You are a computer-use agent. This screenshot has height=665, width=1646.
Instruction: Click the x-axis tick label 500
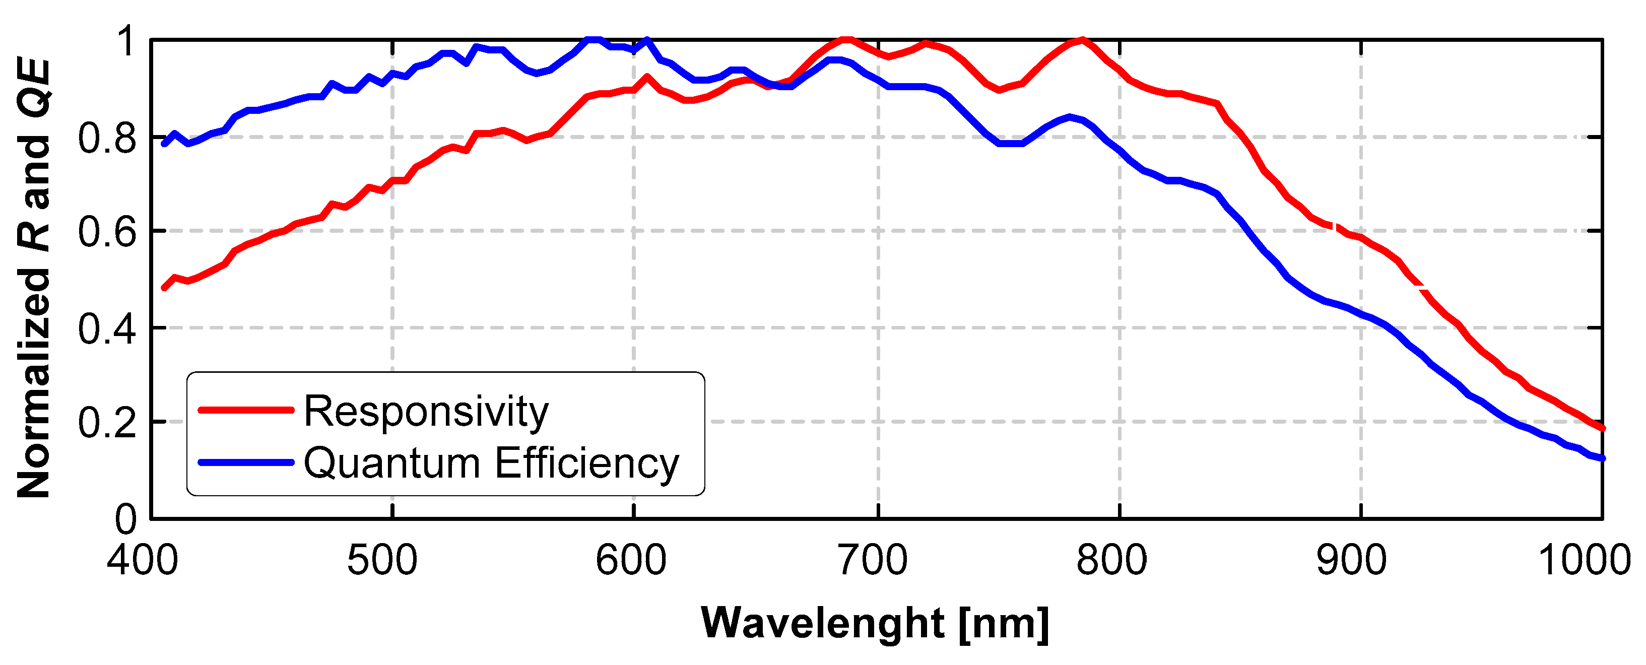(x=382, y=560)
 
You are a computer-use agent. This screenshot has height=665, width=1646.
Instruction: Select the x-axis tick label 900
(x=1351, y=560)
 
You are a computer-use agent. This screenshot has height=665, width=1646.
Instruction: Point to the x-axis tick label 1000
(x=1584, y=560)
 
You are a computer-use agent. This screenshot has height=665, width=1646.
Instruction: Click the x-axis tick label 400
(x=143, y=560)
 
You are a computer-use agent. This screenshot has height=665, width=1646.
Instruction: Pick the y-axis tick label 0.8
(x=107, y=139)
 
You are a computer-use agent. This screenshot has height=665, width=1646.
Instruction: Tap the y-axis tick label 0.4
(x=107, y=329)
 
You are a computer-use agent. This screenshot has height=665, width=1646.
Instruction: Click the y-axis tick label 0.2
(x=107, y=423)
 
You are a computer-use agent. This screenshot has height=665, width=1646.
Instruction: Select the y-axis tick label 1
(x=126, y=42)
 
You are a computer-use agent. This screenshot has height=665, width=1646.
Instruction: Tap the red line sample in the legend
(x=246, y=410)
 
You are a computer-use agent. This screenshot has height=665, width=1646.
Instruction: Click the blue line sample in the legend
(x=246, y=462)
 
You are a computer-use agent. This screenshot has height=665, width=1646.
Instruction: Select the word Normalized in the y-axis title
(x=33, y=383)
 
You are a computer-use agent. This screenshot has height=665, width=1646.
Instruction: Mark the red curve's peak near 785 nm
(x=1081, y=40)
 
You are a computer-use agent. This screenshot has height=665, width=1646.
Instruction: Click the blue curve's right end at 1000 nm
(x=1602, y=458)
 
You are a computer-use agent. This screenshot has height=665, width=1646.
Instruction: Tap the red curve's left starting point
(x=164, y=288)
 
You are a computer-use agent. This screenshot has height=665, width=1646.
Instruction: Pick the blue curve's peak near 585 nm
(x=594, y=40)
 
